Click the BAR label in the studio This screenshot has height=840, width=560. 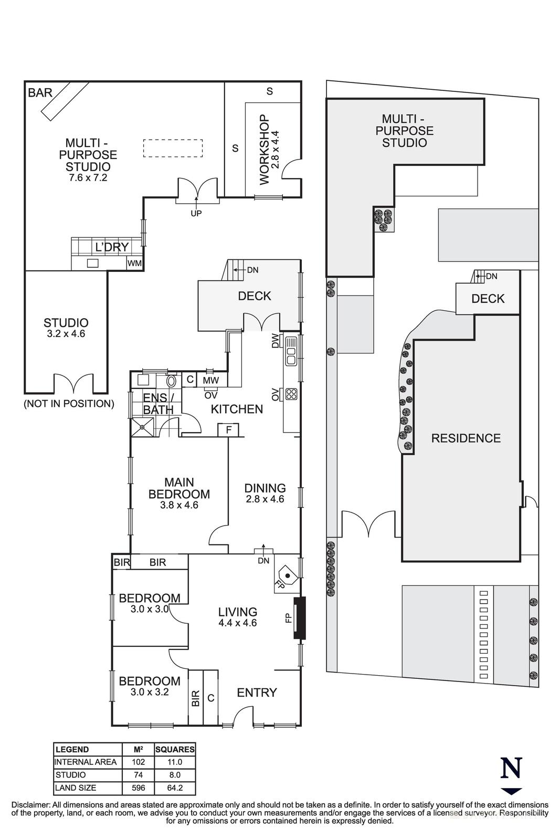40,93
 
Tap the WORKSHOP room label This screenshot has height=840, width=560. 264,150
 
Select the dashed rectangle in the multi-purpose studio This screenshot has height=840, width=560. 173,148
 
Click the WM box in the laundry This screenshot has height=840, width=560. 134,264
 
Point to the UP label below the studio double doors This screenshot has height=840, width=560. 196,213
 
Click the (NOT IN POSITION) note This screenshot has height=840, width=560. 69,404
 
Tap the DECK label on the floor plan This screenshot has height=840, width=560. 255,296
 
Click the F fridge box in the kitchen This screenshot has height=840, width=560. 228,430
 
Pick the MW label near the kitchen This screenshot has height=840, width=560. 210,380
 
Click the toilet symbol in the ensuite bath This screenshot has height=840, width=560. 172,380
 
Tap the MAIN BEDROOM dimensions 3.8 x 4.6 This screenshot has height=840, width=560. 179,506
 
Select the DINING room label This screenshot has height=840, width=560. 265,488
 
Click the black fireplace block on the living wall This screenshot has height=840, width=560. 299,618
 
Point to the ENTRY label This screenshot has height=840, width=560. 257,692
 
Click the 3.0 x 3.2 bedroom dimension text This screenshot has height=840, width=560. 150,692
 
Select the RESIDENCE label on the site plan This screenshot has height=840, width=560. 466,438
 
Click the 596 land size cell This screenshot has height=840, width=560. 138,788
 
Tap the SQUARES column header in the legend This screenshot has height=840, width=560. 175,749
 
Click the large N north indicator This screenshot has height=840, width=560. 511,768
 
